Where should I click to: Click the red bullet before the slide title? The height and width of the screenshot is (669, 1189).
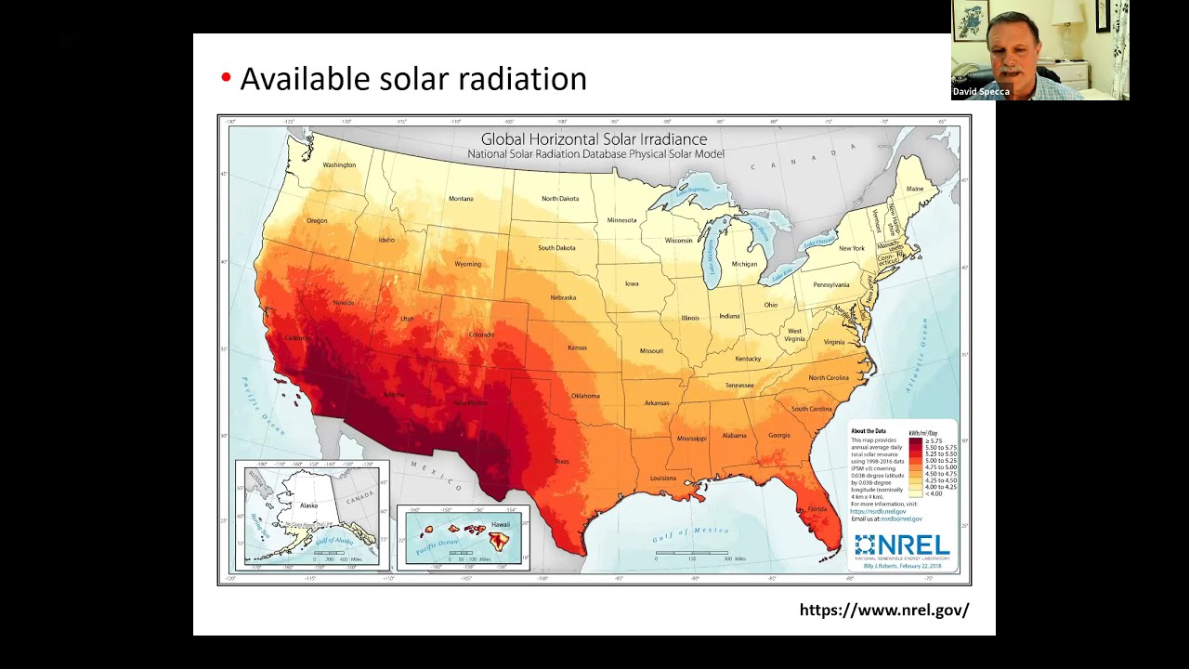[x=226, y=78]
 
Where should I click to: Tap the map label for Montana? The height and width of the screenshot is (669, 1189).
[x=461, y=199]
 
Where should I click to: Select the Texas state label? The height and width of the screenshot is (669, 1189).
[x=562, y=461]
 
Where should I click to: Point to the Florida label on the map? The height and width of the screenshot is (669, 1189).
[x=817, y=509]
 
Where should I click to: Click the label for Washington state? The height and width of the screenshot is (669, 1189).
[x=339, y=165]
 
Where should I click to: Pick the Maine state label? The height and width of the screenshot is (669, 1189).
[x=915, y=189]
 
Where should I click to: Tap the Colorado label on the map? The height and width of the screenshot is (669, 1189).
[x=481, y=334]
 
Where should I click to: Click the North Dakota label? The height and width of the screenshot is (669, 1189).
[x=560, y=199]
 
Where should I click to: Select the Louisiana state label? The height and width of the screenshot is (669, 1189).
[x=663, y=478]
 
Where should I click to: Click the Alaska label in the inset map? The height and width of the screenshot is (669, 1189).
[x=308, y=505]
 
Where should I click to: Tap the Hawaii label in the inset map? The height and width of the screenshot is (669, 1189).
[x=500, y=525]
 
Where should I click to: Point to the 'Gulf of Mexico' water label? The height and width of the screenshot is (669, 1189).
[x=691, y=531]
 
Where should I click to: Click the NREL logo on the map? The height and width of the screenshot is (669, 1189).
[x=901, y=544]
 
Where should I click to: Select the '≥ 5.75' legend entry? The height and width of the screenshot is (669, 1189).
[x=934, y=441]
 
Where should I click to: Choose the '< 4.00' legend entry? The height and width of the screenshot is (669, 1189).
[x=934, y=493]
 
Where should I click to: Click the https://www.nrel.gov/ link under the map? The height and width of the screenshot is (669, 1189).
[x=883, y=610]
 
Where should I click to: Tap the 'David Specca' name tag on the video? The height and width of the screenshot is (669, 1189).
[x=980, y=92]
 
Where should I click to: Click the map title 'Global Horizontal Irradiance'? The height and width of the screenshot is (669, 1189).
[x=594, y=139]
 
